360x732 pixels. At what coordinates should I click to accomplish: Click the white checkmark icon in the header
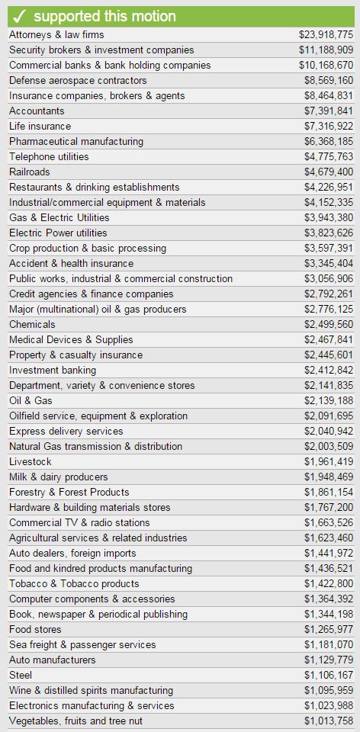coord(19,17)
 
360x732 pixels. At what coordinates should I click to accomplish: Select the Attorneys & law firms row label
coord(56,34)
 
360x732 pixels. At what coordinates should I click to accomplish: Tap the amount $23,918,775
coord(326,34)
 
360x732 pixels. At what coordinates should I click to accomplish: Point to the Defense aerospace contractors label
coord(78,80)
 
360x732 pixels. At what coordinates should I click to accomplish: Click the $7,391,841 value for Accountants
coord(329,111)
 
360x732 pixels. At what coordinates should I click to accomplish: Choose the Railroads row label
coord(30,172)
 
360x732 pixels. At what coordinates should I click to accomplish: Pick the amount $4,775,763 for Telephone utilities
coord(329,156)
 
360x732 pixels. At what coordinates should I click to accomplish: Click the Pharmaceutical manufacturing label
coord(76,141)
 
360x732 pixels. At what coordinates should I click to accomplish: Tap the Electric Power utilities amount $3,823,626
coord(329,233)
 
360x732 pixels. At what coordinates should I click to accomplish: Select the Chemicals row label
coord(32,324)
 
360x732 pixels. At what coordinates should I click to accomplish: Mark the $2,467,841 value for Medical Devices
coord(329,339)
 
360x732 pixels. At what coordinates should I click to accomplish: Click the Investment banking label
coord(53,371)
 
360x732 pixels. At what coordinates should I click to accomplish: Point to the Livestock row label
coord(31,462)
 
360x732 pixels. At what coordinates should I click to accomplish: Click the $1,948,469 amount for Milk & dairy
coord(329,477)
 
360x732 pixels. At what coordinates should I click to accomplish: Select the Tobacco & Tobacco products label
coord(74,583)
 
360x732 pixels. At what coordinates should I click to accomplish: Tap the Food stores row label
coord(34,629)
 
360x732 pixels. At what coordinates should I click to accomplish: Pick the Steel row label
coord(21,675)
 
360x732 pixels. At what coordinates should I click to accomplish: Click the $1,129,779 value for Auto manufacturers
coord(329,660)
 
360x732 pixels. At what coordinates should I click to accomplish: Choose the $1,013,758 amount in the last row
coord(329,721)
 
